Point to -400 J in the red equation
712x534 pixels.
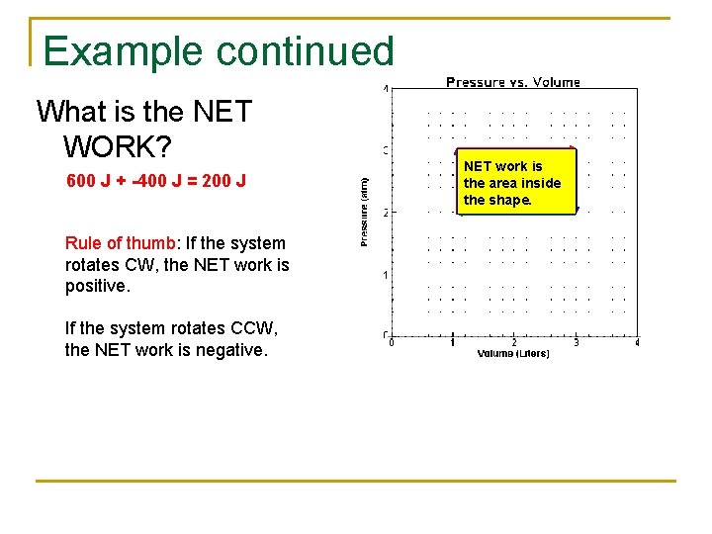coord(164,182)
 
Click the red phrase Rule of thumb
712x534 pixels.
coord(120,243)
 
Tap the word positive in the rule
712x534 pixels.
coord(96,287)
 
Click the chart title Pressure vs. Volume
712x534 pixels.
coord(513,82)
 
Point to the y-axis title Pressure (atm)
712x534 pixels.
coord(365,212)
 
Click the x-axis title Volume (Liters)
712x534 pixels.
coord(513,353)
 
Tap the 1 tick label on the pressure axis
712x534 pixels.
coord(386,274)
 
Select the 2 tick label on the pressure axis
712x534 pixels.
coord(386,212)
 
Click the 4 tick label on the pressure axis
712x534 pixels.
coord(386,89)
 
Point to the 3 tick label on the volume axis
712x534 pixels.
coord(576,343)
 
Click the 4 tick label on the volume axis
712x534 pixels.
coord(637,343)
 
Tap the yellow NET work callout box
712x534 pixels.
coord(515,183)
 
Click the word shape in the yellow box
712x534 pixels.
coord(510,200)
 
